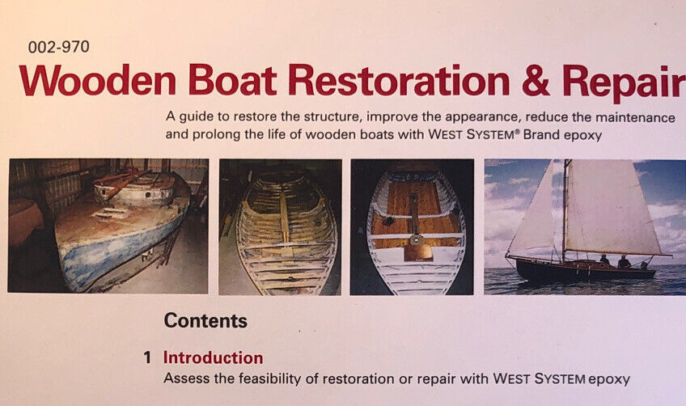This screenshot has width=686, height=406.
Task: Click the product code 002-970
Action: tap(58, 47)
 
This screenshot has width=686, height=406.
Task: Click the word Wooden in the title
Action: tap(98, 80)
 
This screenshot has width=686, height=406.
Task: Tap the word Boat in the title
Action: tap(233, 80)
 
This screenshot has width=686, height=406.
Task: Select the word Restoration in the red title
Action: tap(399, 80)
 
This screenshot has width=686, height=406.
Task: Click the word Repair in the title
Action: tap(625, 83)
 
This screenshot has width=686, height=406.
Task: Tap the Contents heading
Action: tap(205, 321)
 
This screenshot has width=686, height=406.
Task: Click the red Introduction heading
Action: tap(213, 357)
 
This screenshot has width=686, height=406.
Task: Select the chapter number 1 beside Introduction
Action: tap(147, 357)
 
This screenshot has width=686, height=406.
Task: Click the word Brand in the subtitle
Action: tap(541, 135)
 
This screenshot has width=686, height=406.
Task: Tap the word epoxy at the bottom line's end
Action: tap(609, 379)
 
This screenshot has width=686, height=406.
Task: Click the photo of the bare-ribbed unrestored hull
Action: tap(280, 226)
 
